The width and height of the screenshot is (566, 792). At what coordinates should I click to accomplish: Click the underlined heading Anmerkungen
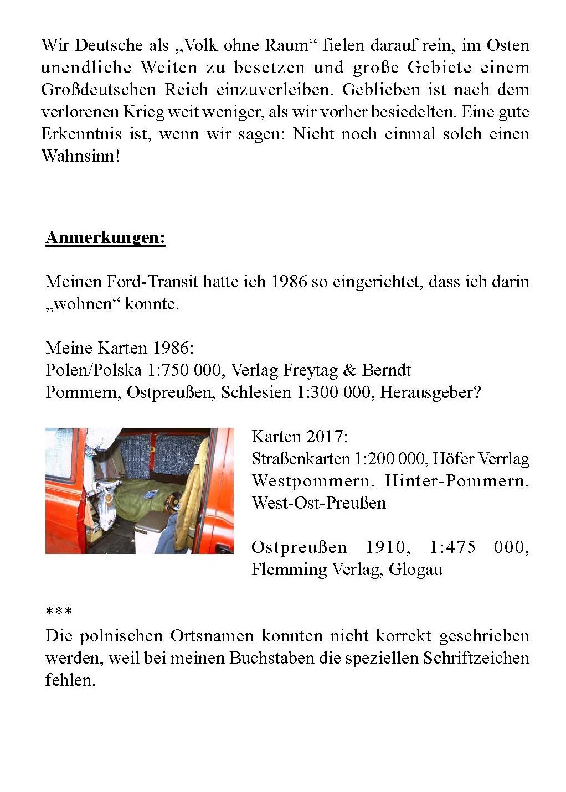(x=105, y=237)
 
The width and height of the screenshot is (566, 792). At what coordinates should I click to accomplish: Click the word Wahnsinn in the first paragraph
(x=80, y=156)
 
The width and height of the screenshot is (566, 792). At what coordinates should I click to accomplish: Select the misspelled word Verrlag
(x=503, y=459)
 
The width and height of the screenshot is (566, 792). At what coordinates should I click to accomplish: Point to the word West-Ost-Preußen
(x=318, y=503)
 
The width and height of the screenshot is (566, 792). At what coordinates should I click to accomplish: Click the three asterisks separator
(x=59, y=612)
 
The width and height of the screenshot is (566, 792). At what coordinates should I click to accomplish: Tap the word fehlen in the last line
(x=70, y=680)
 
